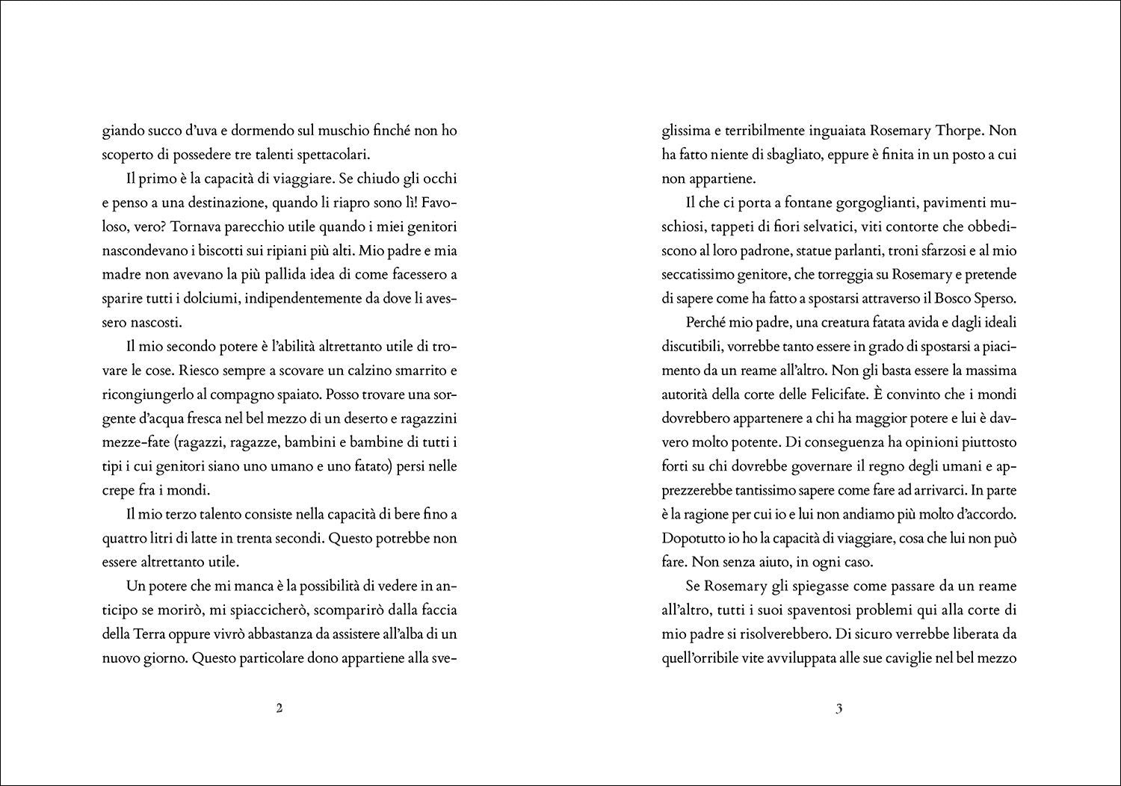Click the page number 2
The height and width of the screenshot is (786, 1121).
point(279,709)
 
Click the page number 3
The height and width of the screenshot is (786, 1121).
point(839,709)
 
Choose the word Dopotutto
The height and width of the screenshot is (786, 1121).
point(695,538)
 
